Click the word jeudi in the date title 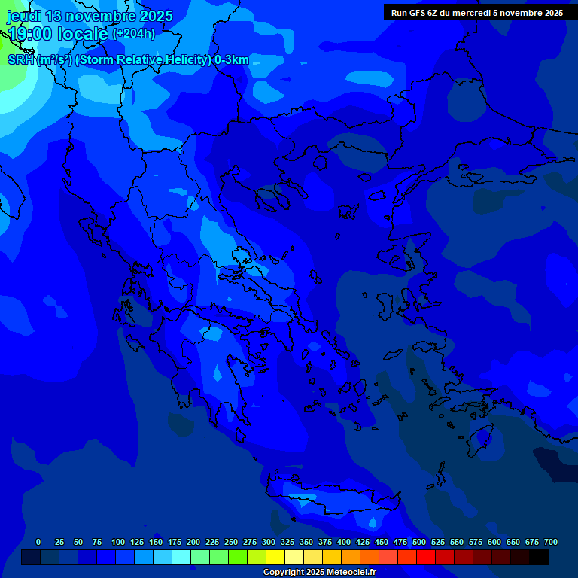[24, 16]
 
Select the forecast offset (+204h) [134, 34]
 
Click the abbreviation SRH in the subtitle [20, 60]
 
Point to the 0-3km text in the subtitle [232, 60]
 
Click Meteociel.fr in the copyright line [347, 573]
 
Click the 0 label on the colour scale [38, 543]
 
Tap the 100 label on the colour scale [118, 543]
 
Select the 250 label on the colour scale [231, 543]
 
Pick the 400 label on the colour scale [344, 543]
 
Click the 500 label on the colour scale [419, 543]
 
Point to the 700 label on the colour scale [551, 543]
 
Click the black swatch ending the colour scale [539, 557]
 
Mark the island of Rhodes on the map [479, 440]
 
